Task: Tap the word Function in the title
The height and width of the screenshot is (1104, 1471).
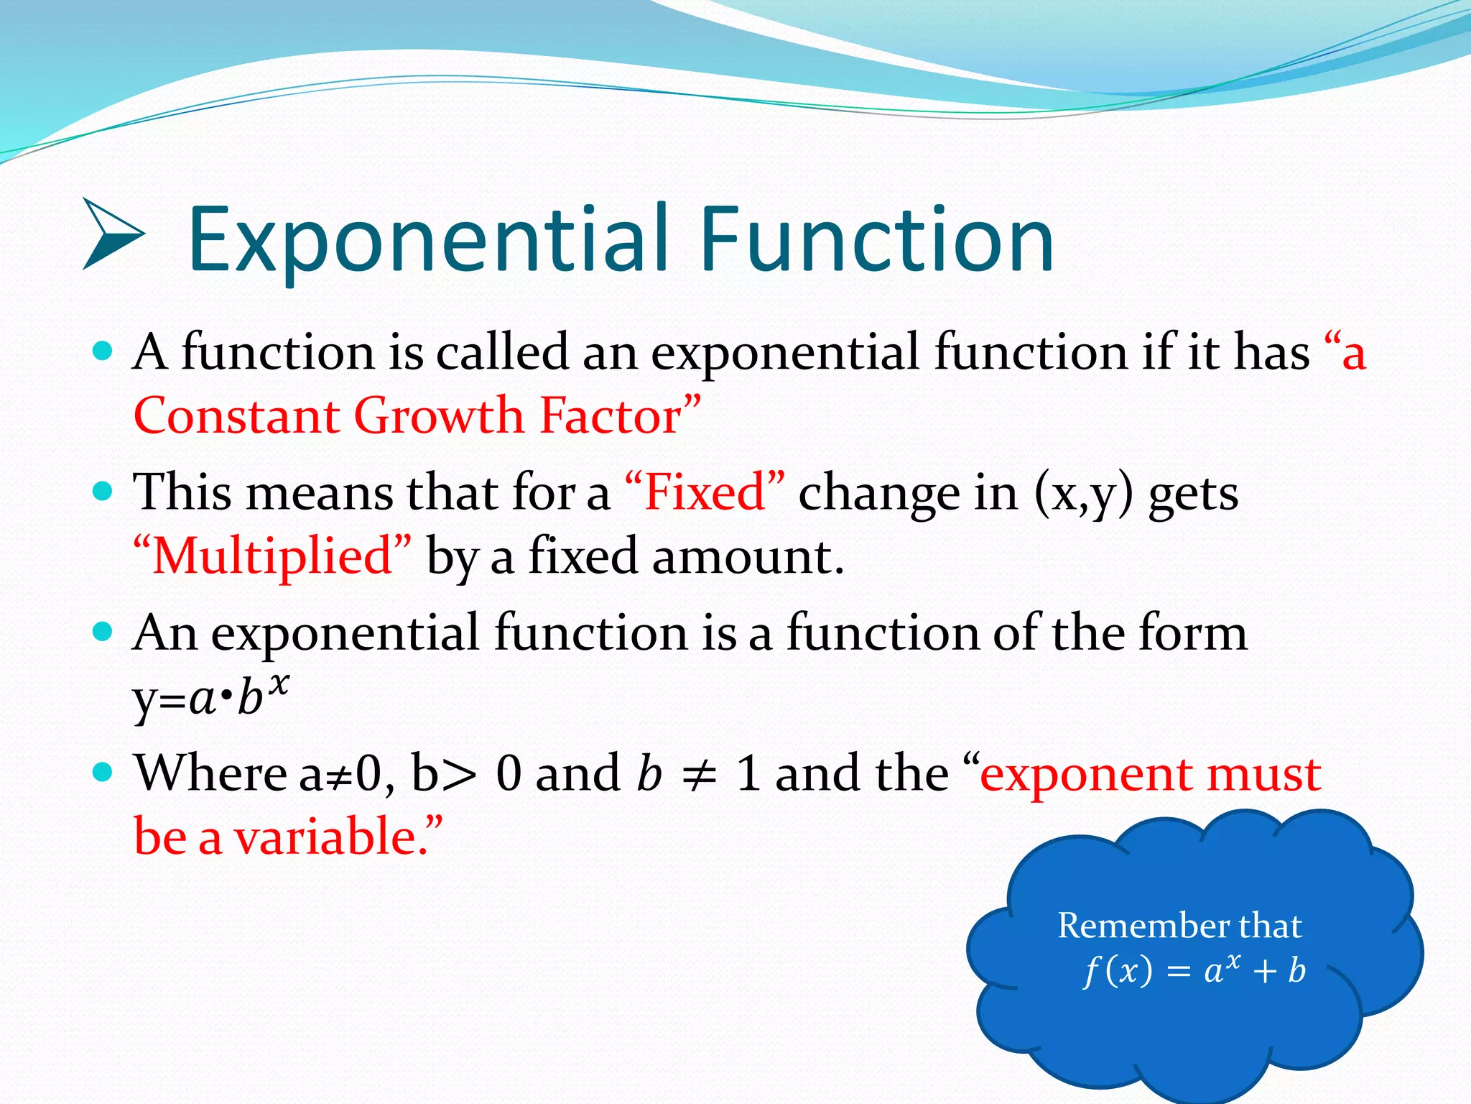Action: (876, 241)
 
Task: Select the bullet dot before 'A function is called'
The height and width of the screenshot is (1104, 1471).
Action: (103, 351)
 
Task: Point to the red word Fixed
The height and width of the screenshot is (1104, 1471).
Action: (705, 493)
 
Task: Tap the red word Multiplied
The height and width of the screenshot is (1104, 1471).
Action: (273, 556)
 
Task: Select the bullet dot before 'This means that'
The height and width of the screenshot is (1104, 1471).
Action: (103, 492)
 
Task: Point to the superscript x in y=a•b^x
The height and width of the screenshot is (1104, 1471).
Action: (278, 683)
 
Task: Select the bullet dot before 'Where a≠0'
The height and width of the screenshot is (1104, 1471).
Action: (103, 773)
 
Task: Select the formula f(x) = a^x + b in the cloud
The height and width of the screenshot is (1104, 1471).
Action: (1194, 970)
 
